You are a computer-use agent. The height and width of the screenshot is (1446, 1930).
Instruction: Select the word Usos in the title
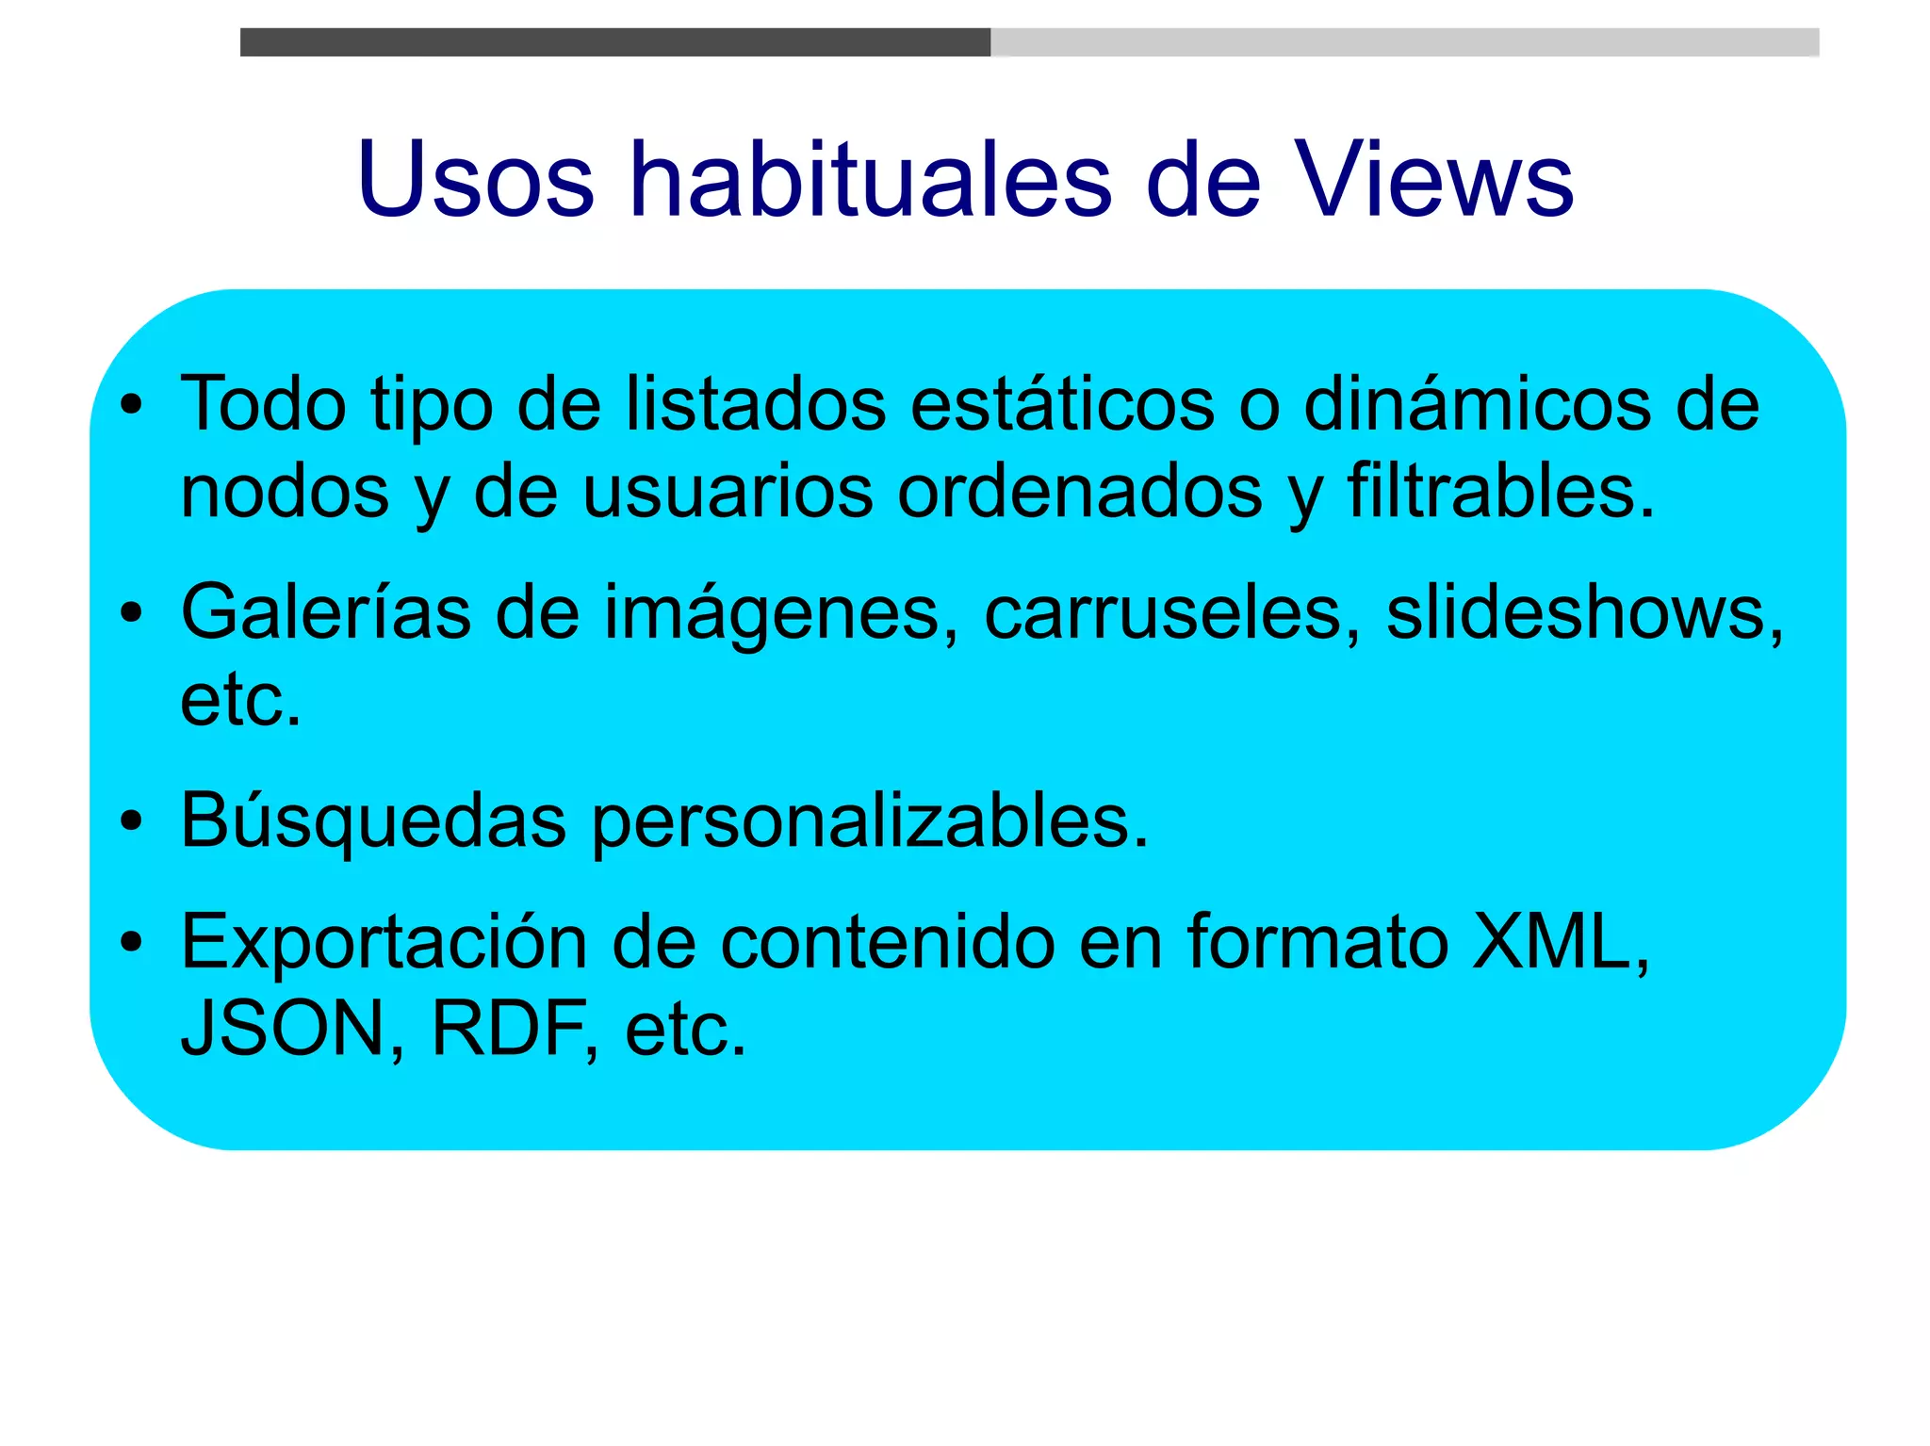tap(476, 181)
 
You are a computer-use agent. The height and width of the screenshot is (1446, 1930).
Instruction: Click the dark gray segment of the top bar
tap(614, 42)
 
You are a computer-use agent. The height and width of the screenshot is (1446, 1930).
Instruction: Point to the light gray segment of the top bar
tap(1404, 42)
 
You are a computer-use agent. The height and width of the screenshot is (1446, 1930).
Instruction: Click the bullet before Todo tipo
tap(132, 406)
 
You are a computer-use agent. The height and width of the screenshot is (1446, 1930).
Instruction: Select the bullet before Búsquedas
tap(132, 821)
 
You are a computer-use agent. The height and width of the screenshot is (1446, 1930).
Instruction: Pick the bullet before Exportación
tap(132, 941)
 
